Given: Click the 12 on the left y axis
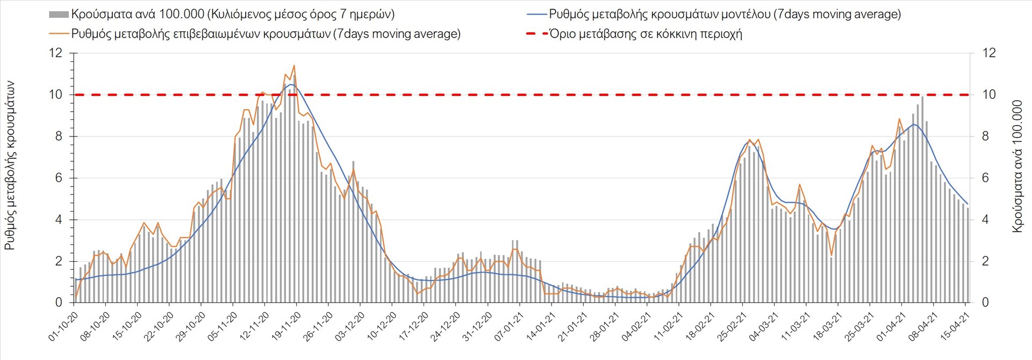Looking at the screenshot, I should (56, 53).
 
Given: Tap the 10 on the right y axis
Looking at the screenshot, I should (989, 95).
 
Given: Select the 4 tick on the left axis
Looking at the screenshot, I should (59, 220).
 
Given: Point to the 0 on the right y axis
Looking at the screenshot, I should (985, 303).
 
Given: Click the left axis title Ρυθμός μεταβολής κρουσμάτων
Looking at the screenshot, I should (10, 165).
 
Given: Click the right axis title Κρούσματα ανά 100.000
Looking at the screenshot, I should (1017, 166).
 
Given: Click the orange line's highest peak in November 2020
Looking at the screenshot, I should (294, 66).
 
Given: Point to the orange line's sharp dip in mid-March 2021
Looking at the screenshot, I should (832, 255).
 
